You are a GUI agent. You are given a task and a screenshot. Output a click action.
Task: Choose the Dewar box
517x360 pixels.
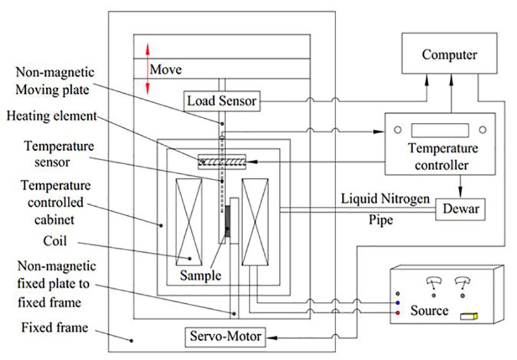(460, 209)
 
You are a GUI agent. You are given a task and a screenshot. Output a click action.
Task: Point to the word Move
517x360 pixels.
(165, 69)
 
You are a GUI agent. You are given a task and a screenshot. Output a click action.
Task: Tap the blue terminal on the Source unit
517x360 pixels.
(397, 302)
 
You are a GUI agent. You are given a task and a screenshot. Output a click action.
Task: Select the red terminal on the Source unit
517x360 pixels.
(397, 313)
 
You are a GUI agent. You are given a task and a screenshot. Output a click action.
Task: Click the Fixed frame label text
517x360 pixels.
(55, 327)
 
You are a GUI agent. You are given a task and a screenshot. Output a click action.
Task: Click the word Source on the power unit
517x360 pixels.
(430, 311)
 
